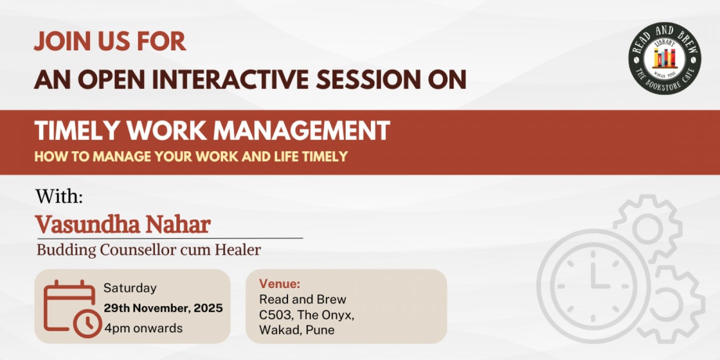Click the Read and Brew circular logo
pos(664,59)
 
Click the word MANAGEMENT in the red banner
pos(301,130)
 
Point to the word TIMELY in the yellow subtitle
pos(325,156)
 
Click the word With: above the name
pos(59,196)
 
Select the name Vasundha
pos(87,224)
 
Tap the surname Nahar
pos(178,224)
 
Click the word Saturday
pos(130,288)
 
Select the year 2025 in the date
pos(208,308)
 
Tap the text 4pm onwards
pos(143,329)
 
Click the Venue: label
pos(280,284)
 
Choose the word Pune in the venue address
pos(320,330)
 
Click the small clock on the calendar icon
pos(87,323)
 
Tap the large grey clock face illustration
pos(593,286)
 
